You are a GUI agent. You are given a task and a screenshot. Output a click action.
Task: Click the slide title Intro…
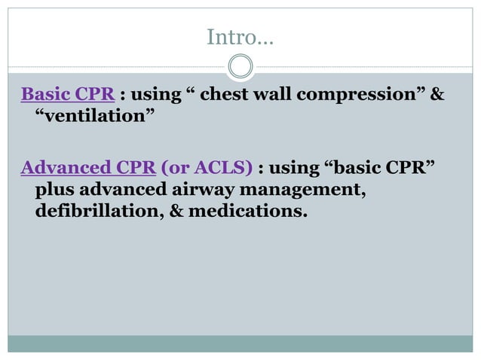tap(240, 35)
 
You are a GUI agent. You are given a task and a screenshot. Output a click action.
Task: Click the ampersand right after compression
tap(437, 96)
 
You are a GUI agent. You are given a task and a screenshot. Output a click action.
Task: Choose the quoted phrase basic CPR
tap(383, 166)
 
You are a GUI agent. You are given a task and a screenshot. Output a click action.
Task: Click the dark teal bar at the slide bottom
tap(240, 343)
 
